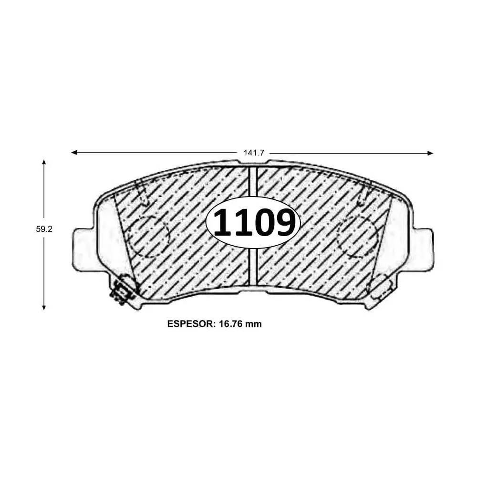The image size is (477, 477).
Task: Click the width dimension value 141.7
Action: [254, 153]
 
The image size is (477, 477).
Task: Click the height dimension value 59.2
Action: [44, 229]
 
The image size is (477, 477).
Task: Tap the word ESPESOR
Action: [191, 324]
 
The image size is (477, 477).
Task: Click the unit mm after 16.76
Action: [254, 324]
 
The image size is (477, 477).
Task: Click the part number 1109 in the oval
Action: [254, 223]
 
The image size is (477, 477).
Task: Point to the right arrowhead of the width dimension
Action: [430, 153]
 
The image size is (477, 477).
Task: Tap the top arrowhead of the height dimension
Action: [44, 163]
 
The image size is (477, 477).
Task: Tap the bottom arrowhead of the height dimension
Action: [44, 307]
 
